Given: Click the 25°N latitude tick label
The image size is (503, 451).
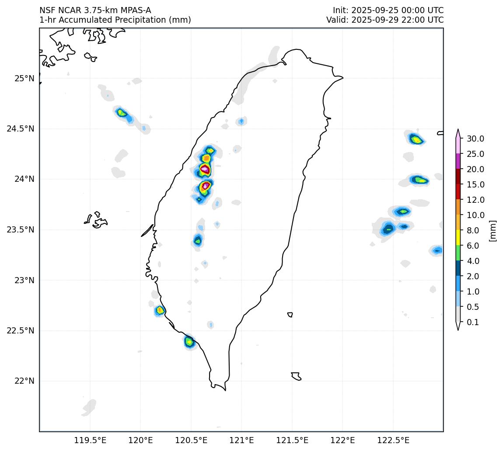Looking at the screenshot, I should point(24,79).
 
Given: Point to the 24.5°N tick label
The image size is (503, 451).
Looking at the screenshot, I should point(21,129).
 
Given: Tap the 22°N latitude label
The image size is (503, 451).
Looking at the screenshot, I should point(24,381).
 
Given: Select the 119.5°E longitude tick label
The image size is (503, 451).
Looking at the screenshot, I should point(90,440).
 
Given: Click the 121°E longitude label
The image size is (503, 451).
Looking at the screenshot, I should point(241,440).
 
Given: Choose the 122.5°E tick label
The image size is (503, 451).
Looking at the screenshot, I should point(393,440).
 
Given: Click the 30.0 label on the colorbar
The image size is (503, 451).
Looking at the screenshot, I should point(475,139).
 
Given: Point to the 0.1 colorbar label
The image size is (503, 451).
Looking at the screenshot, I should point(473,323).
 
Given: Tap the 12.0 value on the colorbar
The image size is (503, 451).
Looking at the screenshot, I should point(475,200).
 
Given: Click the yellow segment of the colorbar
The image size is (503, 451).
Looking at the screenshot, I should point(458,238).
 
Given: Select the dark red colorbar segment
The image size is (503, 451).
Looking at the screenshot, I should point(458,177).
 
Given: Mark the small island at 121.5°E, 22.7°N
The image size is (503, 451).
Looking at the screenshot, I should point(290,315).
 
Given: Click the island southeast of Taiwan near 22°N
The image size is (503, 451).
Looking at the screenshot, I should point(296,376).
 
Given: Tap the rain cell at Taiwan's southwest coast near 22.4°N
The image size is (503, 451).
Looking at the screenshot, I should point(189,341).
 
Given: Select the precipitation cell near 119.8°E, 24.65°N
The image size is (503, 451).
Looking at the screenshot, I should point(122,113).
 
